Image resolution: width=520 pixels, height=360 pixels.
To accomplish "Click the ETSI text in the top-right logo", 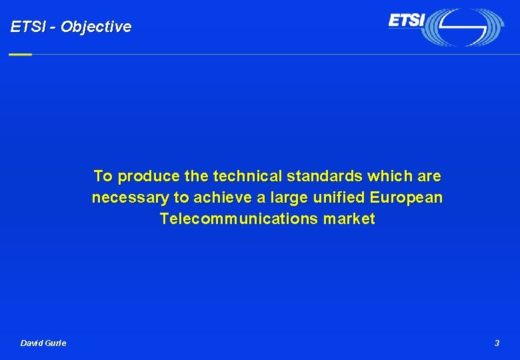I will coord(406,21).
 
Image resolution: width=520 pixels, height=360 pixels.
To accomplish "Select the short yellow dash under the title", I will coord(20,54).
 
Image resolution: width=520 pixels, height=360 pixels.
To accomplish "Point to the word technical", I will coord(247,177).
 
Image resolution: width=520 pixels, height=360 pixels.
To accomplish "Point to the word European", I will coord(405,198).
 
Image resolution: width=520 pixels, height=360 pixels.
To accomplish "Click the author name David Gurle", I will coord(43,343).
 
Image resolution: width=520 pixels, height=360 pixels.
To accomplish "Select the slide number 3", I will coord(497,343).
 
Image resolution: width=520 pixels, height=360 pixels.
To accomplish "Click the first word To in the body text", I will coord(103,177).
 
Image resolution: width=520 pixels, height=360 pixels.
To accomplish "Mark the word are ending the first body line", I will coord(429,177).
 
